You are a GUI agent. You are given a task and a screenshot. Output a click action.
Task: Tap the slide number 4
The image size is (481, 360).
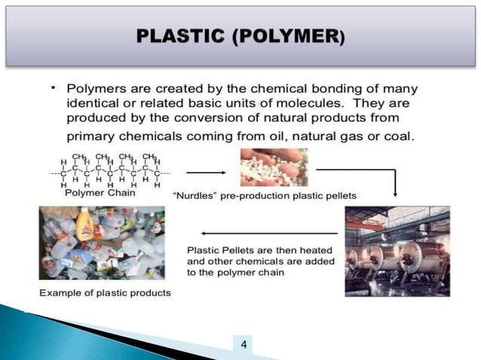tap(243, 345)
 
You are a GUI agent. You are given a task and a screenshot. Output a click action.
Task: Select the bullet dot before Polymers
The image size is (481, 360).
tap(54, 89)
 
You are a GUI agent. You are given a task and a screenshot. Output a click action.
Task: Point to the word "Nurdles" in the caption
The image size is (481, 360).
tap(195, 195)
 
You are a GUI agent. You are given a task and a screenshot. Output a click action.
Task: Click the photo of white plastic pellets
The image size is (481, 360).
tap(274, 166)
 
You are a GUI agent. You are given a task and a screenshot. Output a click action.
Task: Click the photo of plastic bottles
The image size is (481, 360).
tap(102, 243)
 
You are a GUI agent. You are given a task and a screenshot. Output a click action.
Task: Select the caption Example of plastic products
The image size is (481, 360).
tap(105, 291)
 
